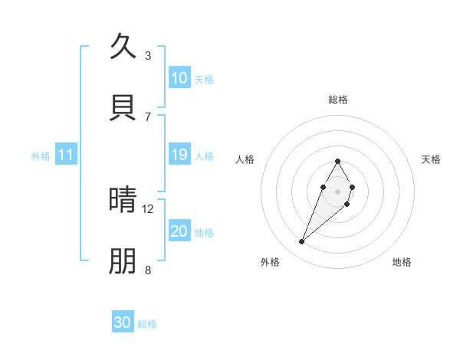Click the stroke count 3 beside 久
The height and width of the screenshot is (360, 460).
pos(148,56)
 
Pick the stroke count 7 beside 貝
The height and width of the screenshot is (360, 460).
pos(148,116)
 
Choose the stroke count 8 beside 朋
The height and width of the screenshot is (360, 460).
pos(148,270)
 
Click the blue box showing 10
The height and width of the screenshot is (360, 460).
pos(179,78)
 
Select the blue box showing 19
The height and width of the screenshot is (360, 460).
pos(179,155)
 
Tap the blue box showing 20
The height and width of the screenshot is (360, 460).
pos(179,231)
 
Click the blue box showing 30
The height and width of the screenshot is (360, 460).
pos(123,322)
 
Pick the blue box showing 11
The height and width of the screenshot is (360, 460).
pos(66,155)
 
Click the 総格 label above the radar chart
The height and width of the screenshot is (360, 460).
pos(338,100)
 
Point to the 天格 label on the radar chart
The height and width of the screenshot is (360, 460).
pos(432,159)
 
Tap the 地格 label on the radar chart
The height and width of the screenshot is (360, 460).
pos(402,262)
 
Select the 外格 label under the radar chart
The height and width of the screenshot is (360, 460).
pos(270,262)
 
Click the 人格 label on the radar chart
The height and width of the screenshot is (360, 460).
pos(245,159)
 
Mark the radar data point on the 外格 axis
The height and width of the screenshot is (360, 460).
pos(302,242)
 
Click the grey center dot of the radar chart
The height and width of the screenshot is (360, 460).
pos(337,190)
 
